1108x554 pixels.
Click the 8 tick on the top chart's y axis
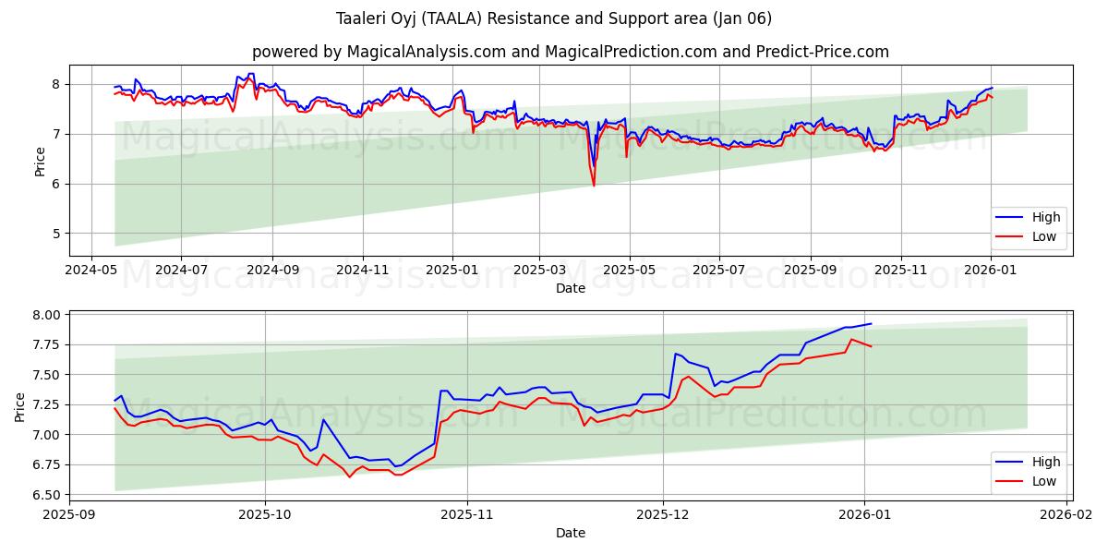click(x=55, y=84)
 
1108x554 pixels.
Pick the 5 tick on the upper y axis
click(x=55, y=234)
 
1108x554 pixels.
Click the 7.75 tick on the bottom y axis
click(x=45, y=344)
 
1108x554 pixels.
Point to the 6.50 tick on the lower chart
click(x=45, y=495)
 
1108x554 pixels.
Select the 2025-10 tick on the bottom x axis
click(x=265, y=516)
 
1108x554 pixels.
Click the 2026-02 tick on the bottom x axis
click(x=1067, y=516)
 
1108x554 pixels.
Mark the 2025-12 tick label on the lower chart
click(x=664, y=516)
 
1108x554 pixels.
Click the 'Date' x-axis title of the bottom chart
click(x=570, y=533)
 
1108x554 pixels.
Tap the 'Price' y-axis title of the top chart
click(x=40, y=161)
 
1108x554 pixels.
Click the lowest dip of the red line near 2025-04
click(x=594, y=186)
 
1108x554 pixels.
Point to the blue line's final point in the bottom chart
click(x=871, y=324)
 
